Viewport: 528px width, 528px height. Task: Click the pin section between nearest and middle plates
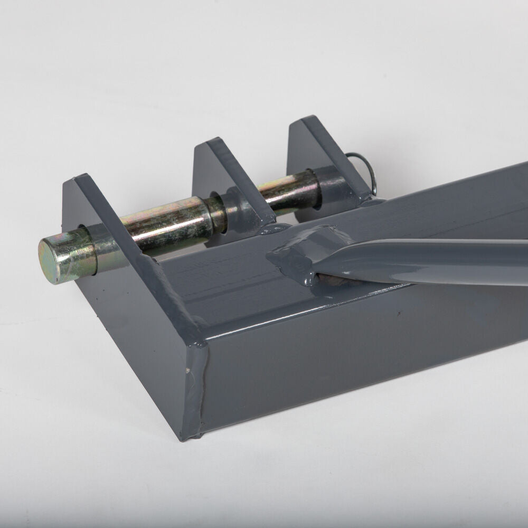click(169, 219)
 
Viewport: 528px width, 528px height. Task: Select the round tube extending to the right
click(449, 261)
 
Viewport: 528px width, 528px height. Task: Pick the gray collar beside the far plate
click(330, 185)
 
